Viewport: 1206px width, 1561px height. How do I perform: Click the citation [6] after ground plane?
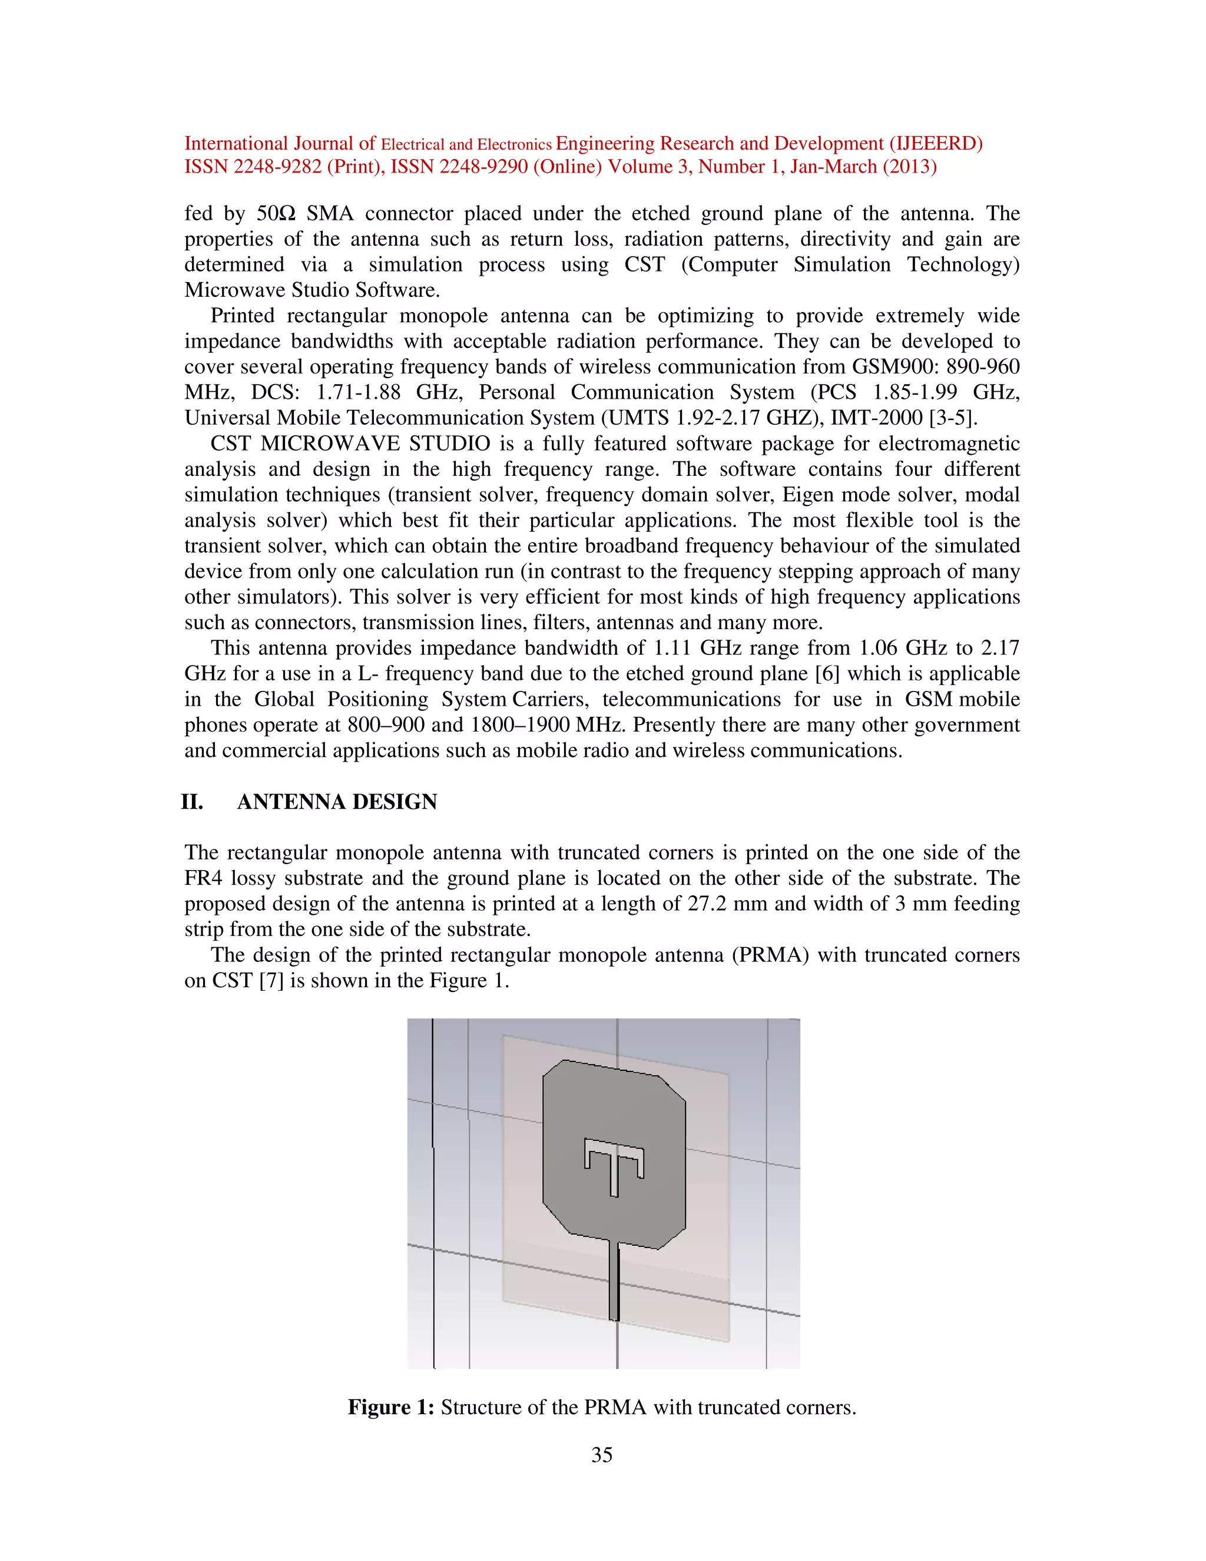(827, 674)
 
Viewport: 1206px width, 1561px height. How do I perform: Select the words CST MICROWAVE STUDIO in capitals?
(350, 444)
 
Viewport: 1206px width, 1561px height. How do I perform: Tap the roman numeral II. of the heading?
(192, 802)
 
